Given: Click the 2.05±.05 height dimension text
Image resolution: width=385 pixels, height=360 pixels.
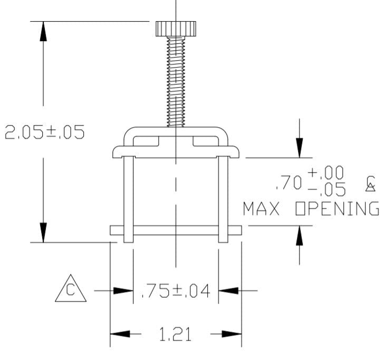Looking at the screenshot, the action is pos(45,132).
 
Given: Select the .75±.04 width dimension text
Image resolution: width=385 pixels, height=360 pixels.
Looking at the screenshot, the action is pos(176,291).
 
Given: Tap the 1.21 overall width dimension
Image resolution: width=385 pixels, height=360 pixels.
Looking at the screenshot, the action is pos(175,334).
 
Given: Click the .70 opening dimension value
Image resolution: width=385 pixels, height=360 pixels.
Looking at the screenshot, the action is pos(289,183).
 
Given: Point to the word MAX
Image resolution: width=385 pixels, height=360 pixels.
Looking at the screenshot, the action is pos(261,209).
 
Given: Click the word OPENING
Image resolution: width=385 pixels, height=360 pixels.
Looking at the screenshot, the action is pos(337,209).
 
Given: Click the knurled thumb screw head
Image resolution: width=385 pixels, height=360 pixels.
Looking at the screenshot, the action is pos(176,29).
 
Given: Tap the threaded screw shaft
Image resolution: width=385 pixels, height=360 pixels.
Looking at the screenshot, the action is pos(176,82).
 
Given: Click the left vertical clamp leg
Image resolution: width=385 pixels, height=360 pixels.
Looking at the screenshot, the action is pos(128,200).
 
